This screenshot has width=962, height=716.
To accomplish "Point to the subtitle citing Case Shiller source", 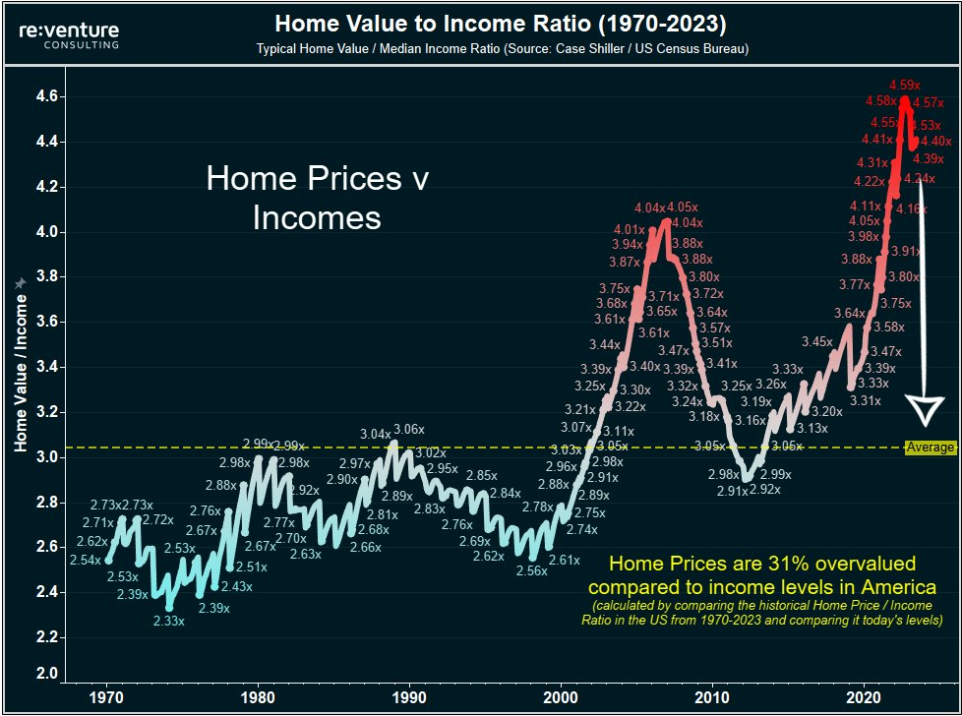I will (502, 49).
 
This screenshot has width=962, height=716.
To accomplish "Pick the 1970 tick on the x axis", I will (106, 696).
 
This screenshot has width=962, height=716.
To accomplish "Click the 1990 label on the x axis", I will (409, 696).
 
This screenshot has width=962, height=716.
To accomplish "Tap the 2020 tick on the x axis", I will (864, 696).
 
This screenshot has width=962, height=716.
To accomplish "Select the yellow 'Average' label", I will (930, 447).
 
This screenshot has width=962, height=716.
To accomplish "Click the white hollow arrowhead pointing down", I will (924, 409).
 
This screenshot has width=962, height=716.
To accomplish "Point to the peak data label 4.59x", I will (905, 85).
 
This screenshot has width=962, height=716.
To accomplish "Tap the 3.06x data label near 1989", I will (409, 430).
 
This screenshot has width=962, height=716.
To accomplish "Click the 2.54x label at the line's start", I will (86, 560).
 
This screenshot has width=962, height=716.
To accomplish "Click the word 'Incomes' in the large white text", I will (317, 217).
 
